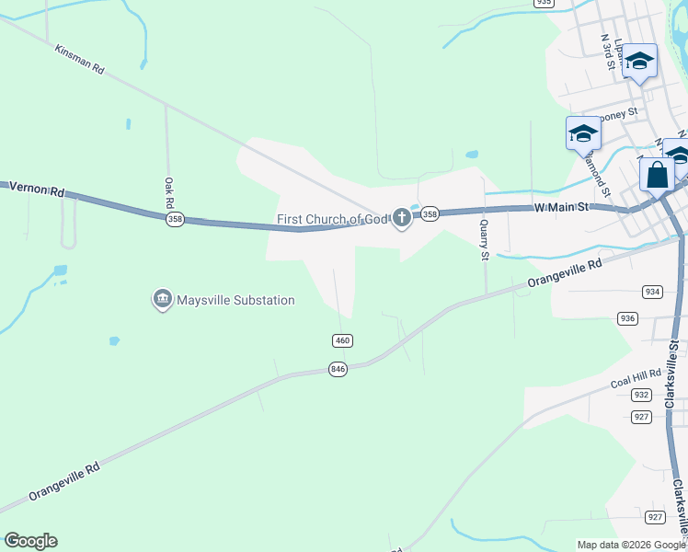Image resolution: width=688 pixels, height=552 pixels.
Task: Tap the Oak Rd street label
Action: (168, 193)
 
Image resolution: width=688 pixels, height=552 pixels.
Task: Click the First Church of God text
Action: (332, 219)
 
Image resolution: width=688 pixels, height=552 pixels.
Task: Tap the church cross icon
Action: (401, 218)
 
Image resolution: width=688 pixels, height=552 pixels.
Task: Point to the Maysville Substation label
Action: (235, 300)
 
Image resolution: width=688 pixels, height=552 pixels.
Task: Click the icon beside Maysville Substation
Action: (163, 299)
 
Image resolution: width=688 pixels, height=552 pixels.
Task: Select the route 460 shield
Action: (342, 340)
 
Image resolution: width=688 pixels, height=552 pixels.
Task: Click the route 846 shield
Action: (338, 369)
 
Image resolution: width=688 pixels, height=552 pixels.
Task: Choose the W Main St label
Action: (560, 208)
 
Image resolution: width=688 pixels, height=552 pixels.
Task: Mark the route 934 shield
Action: (652, 292)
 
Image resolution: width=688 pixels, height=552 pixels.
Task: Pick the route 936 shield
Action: (628, 318)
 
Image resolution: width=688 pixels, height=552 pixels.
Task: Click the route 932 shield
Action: (641, 395)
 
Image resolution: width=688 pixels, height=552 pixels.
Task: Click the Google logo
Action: (30, 541)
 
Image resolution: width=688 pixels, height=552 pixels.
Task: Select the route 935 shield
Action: (544, 3)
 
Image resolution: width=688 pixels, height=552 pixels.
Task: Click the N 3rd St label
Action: (607, 52)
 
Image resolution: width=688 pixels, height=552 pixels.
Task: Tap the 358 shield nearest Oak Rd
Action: (175, 220)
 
